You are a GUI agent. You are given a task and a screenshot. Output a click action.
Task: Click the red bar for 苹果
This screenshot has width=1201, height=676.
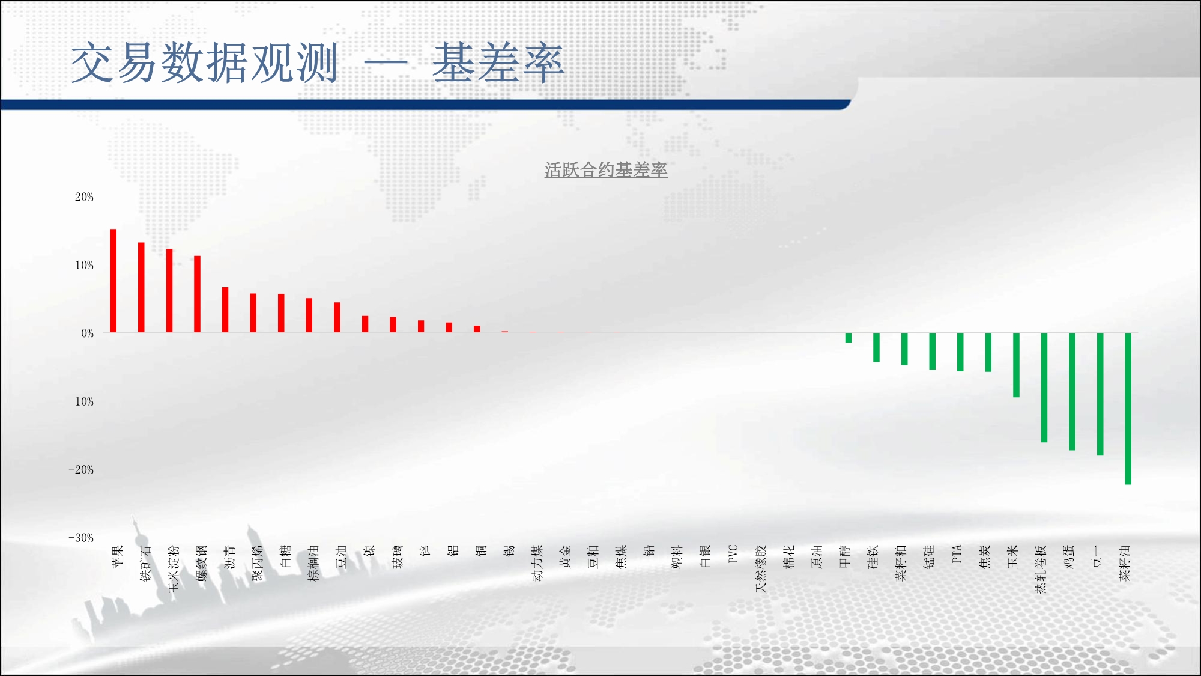(113, 281)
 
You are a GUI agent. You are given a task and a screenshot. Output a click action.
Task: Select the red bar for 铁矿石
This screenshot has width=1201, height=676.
(141, 287)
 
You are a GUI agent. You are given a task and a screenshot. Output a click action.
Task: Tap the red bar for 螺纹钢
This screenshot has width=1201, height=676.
(197, 294)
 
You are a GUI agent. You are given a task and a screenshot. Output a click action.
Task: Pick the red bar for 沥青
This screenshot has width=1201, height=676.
(225, 309)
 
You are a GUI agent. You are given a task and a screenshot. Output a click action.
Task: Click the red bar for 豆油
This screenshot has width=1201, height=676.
(337, 317)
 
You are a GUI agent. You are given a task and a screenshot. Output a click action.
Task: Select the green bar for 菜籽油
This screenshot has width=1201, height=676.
(1128, 409)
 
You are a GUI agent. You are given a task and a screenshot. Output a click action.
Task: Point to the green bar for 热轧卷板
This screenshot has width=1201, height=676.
(1044, 388)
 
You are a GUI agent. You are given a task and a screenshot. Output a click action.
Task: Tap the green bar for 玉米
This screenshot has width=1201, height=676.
(1016, 365)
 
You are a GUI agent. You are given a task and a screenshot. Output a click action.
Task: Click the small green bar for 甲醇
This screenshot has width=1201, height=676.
(849, 338)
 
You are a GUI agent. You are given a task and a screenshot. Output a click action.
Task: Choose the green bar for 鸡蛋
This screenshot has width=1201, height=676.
(1072, 392)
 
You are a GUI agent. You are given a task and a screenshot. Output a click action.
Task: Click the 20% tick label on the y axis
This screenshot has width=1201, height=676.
(84, 197)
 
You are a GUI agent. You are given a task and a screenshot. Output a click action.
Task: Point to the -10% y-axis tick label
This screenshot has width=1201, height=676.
(81, 401)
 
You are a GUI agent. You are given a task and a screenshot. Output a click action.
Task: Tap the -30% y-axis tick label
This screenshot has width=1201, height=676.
(81, 538)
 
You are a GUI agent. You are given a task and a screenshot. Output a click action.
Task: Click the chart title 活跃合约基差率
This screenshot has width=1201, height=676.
(606, 170)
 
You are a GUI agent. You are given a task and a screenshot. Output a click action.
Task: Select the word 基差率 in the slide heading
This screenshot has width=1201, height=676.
(498, 63)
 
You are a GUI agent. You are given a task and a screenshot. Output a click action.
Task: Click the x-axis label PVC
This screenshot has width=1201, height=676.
(733, 553)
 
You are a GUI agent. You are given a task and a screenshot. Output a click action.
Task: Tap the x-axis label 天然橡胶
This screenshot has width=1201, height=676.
(761, 569)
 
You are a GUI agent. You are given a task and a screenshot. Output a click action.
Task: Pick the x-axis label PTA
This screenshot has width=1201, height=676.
(957, 553)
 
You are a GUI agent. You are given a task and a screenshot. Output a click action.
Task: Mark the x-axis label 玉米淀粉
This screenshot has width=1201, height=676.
(174, 569)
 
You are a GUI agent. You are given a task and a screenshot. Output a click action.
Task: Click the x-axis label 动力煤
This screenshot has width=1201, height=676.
(537, 563)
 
